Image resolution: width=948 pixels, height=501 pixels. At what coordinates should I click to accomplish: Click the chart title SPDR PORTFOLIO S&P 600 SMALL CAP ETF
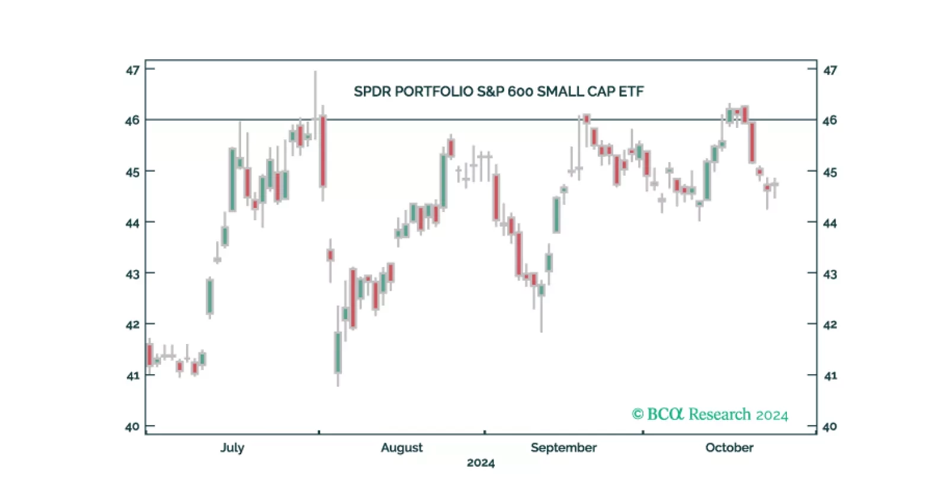click(x=498, y=92)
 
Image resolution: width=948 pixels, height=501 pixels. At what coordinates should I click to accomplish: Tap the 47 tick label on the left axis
click(x=132, y=70)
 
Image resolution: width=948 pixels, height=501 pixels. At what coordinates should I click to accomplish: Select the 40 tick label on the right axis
click(x=829, y=426)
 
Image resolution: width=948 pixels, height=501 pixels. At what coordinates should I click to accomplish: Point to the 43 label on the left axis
click(x=132, y=274)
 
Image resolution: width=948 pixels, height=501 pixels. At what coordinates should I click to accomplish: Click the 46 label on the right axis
click(x=829, y=120)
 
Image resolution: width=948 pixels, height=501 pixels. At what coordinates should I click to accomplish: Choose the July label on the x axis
click(x=232, y=448)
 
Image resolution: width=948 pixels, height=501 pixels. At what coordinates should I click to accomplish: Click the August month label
click(x=402, y=448)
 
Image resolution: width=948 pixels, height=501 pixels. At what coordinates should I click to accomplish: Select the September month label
click(x=563, y=448)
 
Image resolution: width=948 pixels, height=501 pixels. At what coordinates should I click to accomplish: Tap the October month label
click(x=729, y=448)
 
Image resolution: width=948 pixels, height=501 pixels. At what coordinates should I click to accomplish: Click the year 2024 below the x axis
click(x=481, y=463)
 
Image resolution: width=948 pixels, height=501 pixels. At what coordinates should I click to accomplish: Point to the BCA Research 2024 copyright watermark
click(x=710, y=415)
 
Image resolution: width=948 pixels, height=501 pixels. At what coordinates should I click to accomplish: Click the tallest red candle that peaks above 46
click(x=323, y=152)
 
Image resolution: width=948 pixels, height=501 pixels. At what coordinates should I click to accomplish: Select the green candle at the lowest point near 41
click(x=338, y=353)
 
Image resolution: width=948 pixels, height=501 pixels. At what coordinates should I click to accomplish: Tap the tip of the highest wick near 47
click(x=315, y=72)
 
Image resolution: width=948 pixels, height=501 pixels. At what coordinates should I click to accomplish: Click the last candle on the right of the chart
click(x=774, y=185)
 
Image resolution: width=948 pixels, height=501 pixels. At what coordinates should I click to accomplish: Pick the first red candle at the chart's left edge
click(x=149, y=354)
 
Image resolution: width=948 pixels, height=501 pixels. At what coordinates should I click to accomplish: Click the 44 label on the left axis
click(x=132, y=223)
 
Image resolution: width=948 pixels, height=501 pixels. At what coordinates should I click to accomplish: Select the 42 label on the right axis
click(x=829, y=325)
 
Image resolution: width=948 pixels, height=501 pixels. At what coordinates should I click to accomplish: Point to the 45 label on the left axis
click(x=132, y=172)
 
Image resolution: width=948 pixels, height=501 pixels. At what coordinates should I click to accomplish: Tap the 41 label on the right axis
click(x=829, y=375)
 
